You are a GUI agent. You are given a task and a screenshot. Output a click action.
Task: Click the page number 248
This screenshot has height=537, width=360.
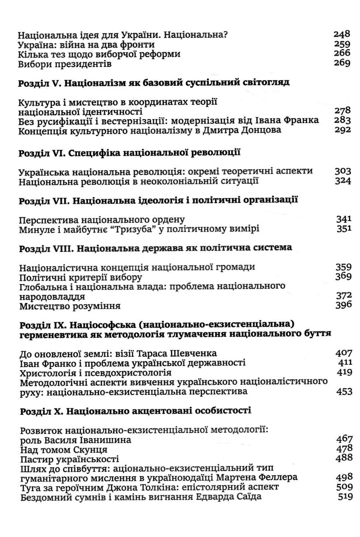(x=343, y=34)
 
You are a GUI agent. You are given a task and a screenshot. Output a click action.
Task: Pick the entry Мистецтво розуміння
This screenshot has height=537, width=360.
(x=71, y=307)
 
